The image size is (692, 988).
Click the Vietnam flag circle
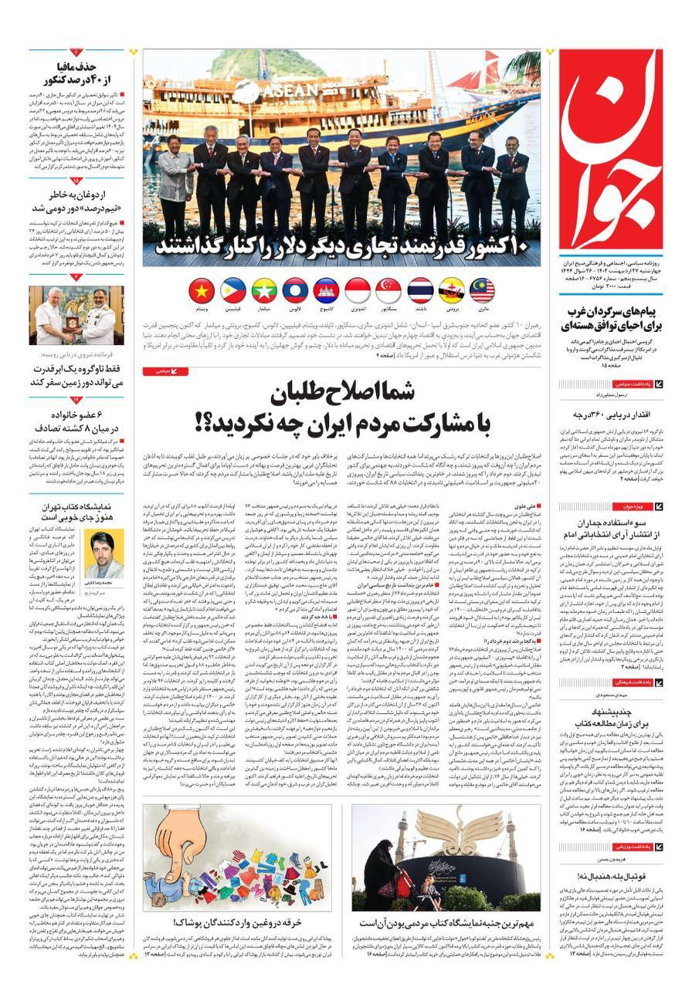(x=202, y=291)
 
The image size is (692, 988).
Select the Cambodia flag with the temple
(x=326, y=291)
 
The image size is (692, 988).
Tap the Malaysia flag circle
(x=482, y=291)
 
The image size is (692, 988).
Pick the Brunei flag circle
(x=451, y=291)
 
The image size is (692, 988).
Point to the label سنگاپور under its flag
(x=388, y=308)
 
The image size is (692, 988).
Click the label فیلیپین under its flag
(x=233, y=308)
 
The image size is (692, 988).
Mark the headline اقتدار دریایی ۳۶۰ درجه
(x=610, y=415)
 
